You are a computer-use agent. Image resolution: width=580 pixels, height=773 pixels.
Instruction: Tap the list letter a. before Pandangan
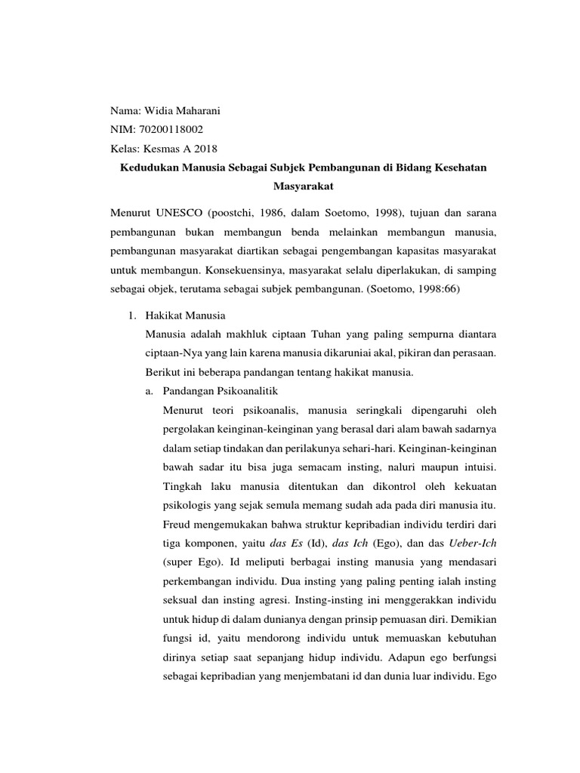(x=149, y=390)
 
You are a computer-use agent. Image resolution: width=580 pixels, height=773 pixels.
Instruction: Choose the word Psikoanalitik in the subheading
(x=250, y=390)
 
